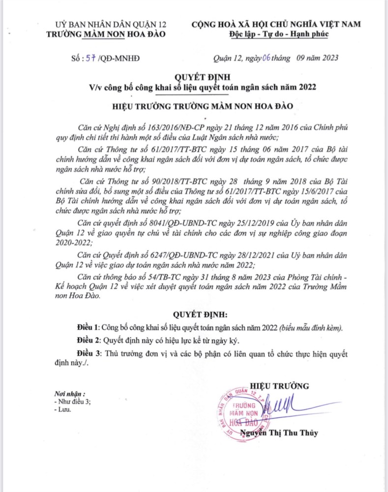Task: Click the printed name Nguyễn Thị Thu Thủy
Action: click(x=279, y=433)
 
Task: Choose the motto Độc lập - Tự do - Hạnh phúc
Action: click(x=279, y=34)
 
